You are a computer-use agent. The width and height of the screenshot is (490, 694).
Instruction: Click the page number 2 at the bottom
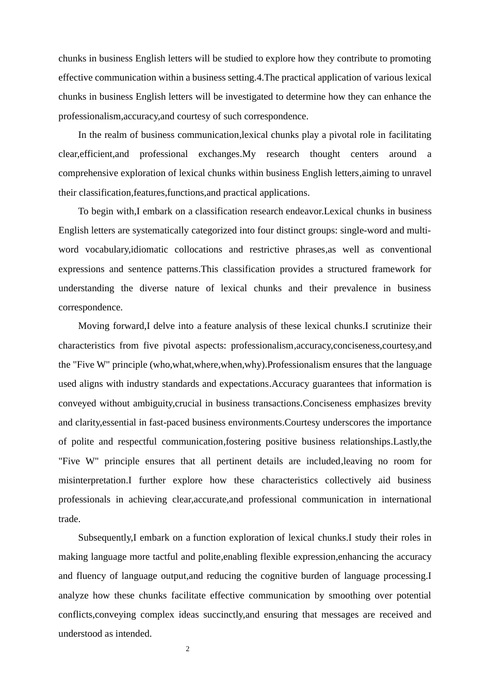[188, 649]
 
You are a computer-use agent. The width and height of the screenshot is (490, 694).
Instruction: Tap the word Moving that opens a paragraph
[94, 326]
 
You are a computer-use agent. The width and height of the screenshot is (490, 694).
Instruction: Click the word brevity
[418, 403]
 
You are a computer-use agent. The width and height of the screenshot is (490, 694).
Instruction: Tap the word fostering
[242, 441]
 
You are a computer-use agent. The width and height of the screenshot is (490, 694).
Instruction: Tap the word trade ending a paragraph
[69, 519]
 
